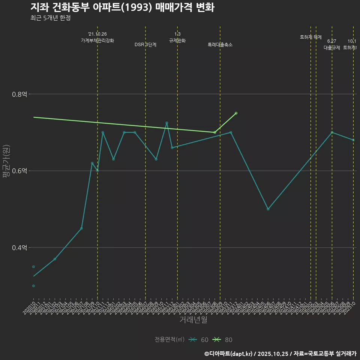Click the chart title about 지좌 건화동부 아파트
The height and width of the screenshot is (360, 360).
[x=122, y=7]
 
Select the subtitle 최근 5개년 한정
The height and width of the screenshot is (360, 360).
[x=50, y=18]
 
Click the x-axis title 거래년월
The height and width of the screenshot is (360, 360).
[x=193, y=320]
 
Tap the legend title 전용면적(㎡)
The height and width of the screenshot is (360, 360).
[x=169, y=340]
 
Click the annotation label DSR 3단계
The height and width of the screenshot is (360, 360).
[x=145, y=45]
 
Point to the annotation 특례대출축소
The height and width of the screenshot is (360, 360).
[x=220, y=45]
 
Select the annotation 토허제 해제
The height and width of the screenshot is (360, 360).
[x=311, y=37]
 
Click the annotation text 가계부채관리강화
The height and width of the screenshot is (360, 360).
[x=97, y=40]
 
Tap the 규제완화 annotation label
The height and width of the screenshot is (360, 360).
[x=177, y=40]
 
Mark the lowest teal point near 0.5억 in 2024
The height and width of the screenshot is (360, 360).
[x=268, y=209]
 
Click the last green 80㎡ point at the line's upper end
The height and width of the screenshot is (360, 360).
[x=236, y=113]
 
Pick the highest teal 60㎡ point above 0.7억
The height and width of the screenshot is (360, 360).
[x=167, y=123]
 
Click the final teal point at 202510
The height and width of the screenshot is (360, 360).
[x=353, y=140]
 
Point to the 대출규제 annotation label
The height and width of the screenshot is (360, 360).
[x=332, y=48]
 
